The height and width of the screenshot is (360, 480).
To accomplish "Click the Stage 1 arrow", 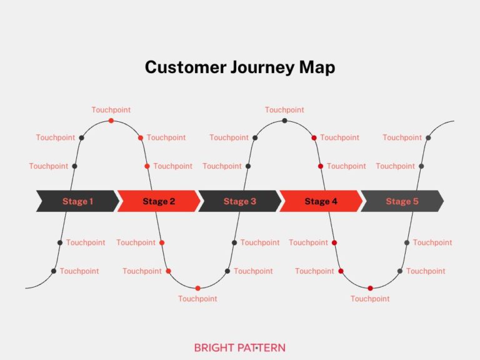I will [77, 201].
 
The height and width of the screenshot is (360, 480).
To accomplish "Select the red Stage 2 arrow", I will [159, 201].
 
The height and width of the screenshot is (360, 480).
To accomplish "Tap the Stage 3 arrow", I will [239, 201].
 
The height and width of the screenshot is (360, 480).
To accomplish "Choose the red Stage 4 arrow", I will [321, 201].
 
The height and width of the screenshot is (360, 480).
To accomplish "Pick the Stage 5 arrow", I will [402, 201].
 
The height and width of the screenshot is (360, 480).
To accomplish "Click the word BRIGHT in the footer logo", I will [215, 347].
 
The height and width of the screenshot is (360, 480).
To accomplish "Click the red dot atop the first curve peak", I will [111, 121].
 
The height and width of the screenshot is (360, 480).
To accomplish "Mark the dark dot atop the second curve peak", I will [284, 121].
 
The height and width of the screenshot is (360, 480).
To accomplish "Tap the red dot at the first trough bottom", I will [197, 288].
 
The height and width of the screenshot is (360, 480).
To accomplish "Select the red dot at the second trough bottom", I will [370, 288].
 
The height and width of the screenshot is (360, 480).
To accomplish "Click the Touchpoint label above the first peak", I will [111, 110].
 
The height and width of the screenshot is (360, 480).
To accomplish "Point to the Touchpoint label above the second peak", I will [284, 110].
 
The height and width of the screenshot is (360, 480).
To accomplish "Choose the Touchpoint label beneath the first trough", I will [197, 299].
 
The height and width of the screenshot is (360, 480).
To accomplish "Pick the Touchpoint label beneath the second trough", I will [370, 299].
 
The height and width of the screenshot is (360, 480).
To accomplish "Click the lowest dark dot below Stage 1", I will [54, 271].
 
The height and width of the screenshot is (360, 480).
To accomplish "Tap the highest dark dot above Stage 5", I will [428, 137].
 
